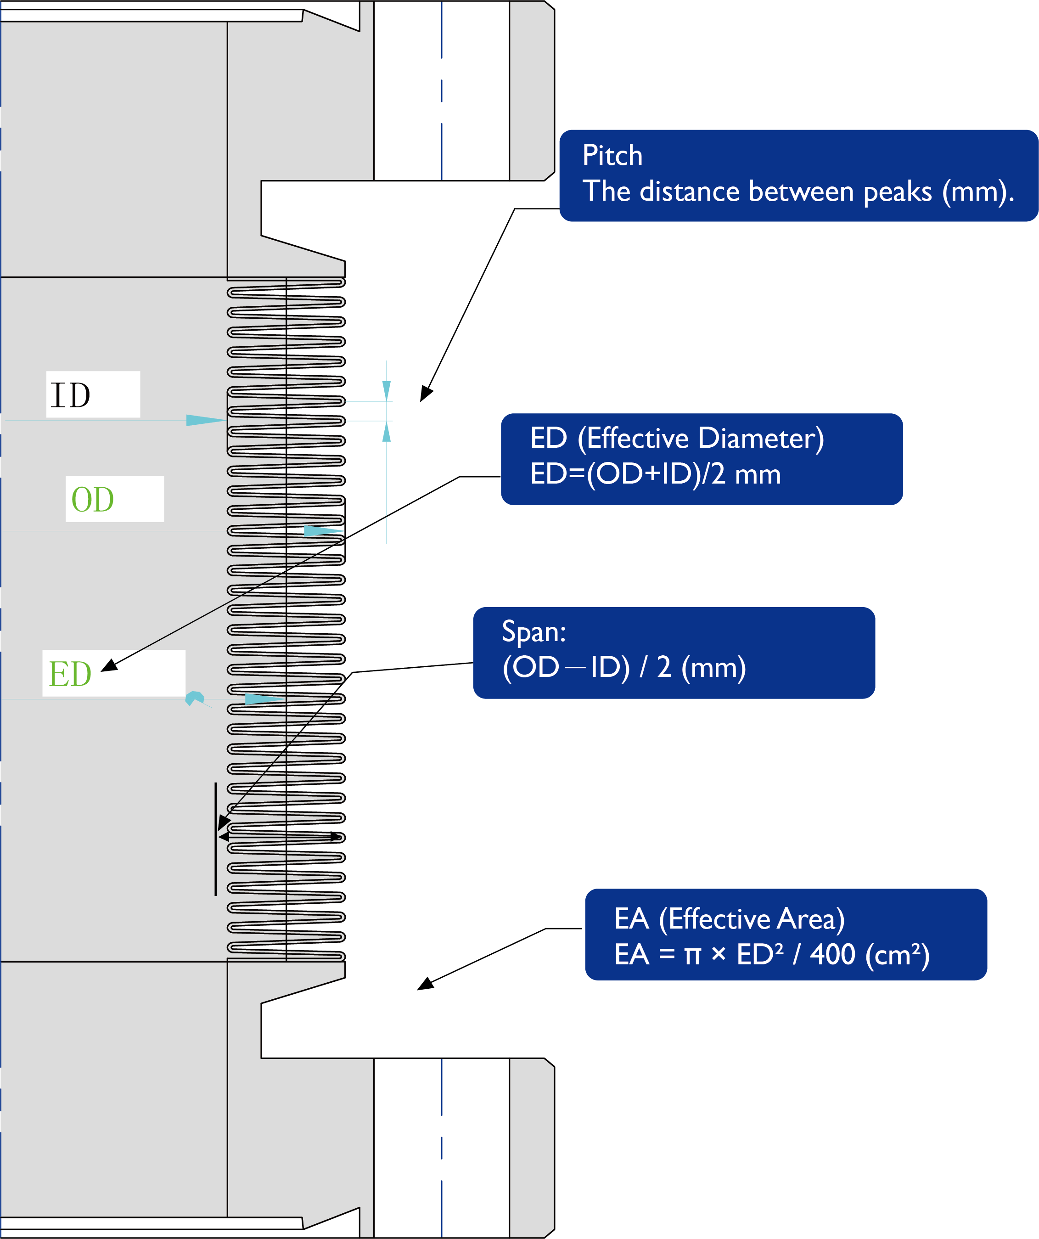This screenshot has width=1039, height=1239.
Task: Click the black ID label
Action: pos(70,395)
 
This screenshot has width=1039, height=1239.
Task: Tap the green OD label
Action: pos(93,499)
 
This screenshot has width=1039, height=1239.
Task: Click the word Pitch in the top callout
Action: pos(612,155)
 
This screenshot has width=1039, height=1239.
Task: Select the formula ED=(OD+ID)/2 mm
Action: pos(655,474)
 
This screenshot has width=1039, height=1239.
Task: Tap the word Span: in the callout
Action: pos(534,631)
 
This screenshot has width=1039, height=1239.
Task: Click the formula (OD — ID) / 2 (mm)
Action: pos(623,667)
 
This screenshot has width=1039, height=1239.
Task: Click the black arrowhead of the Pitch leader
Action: pos(426,394)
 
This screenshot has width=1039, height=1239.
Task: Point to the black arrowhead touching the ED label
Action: pos(109,665)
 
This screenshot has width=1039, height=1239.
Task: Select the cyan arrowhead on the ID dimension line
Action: pos(205,420)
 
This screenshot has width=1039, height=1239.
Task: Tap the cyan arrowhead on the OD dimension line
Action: pos(322,531)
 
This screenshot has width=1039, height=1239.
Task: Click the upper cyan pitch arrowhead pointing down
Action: pos(387,391)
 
